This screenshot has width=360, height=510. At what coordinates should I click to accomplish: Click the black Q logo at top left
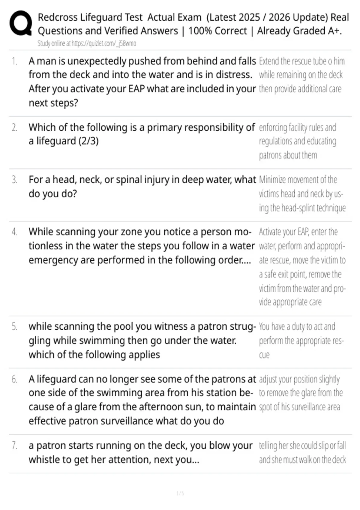[x=21, y=23]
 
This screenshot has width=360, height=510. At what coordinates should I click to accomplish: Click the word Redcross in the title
[x=58, y=17]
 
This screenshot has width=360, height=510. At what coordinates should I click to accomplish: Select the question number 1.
[x=14, y=61]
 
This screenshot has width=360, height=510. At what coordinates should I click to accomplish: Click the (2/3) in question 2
[x=88, y=141]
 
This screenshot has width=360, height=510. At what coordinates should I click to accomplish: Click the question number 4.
[x=14, y=232]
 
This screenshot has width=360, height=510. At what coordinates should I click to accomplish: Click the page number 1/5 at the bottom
[x=180, y=493]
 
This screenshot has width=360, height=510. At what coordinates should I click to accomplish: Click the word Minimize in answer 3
[x=272, y=180]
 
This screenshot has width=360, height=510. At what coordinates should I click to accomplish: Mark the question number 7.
[x=14, y=445]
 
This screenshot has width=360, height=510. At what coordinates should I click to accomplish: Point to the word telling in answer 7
[x=268, y=445]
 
